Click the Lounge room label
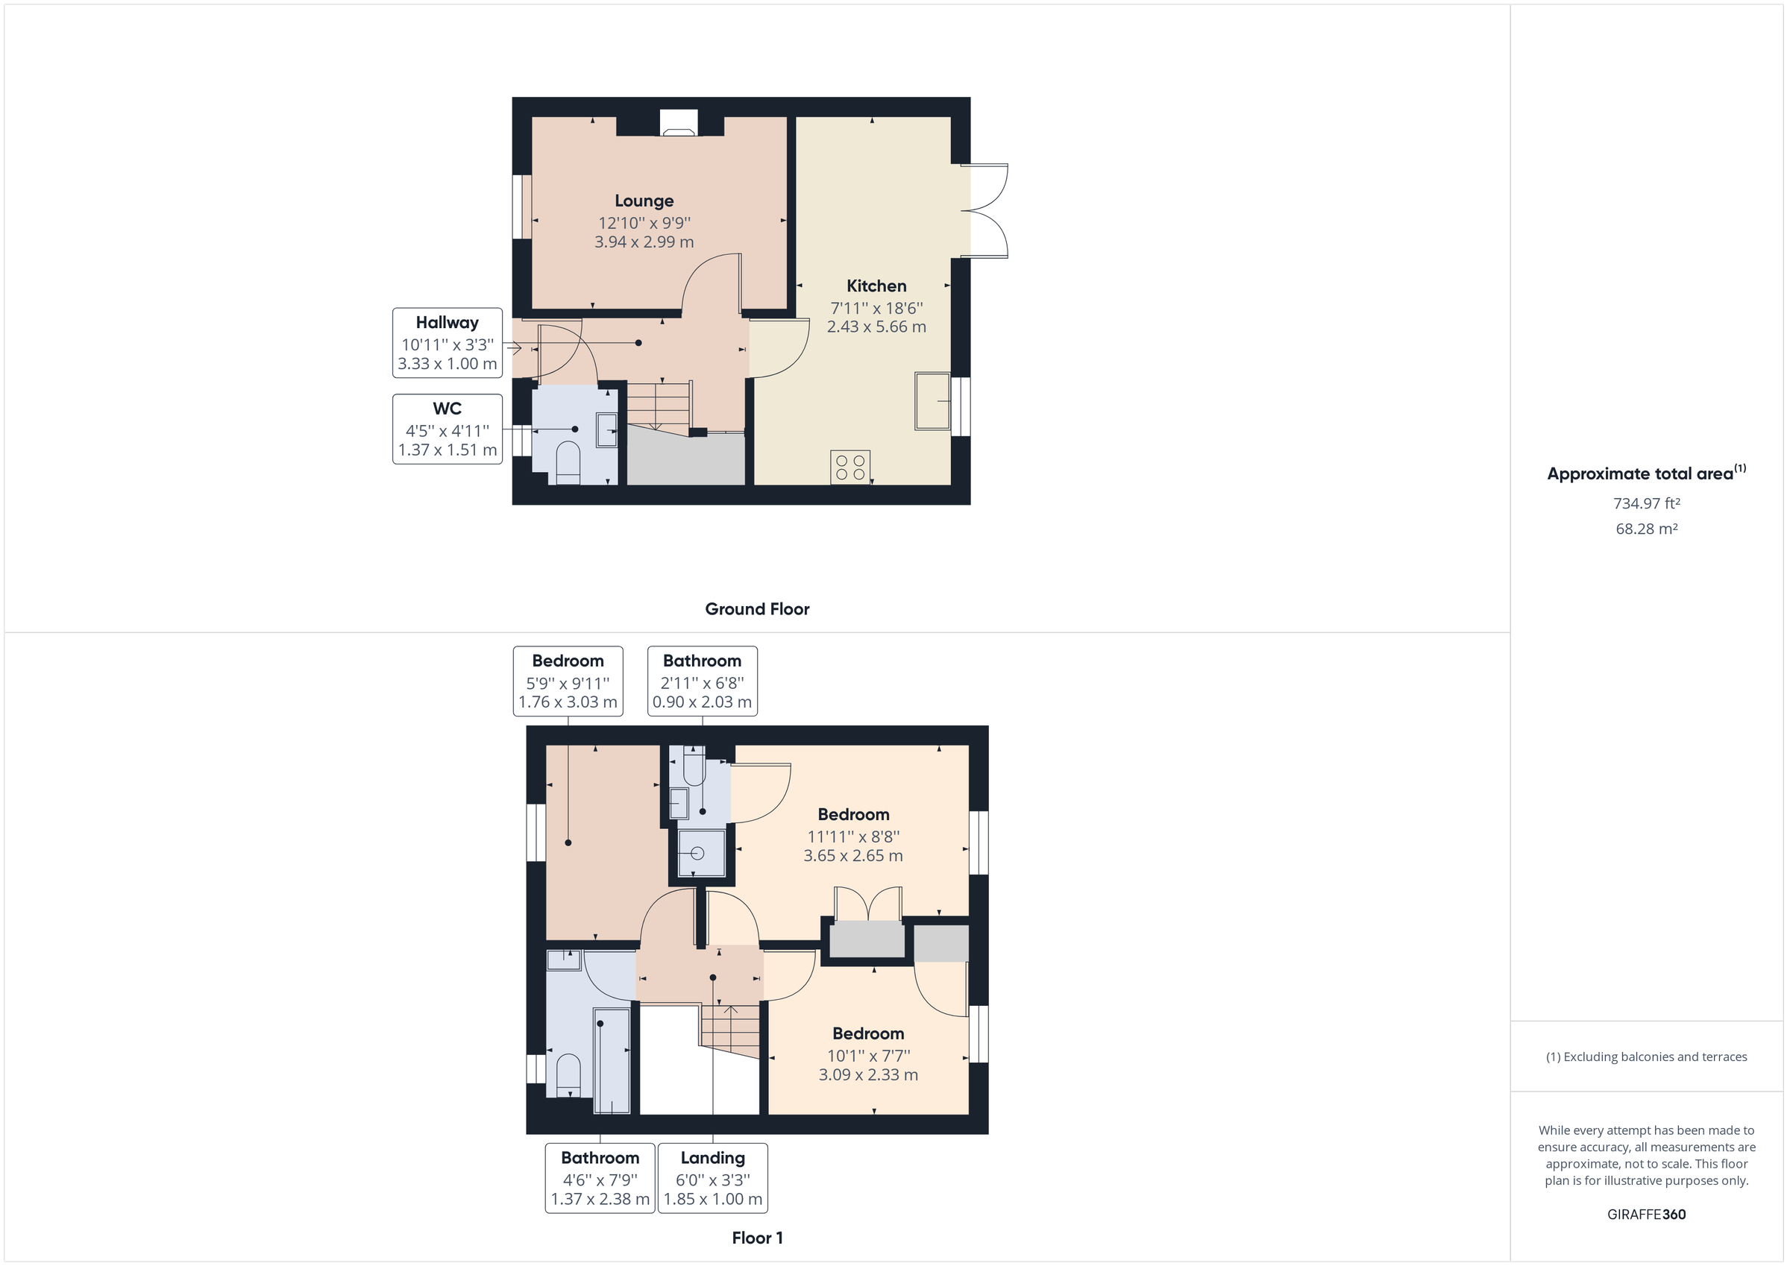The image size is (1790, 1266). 643,201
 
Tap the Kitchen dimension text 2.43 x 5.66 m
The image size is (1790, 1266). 876,327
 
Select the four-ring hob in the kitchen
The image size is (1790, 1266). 850,467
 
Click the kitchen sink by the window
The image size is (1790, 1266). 932,401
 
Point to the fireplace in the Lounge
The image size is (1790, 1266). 678,123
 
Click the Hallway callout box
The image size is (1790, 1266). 447,343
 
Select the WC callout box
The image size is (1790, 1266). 447,429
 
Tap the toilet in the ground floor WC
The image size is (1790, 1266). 568,463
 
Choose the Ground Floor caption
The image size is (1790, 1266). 757,610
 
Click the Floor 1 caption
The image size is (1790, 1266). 757,1238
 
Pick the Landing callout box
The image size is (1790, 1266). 712,1178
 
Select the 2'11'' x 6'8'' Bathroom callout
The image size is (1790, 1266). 702,681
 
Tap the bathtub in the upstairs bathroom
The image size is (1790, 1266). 612,1060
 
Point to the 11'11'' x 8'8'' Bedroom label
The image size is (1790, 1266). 853,815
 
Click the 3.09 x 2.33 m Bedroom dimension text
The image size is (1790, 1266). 867,1075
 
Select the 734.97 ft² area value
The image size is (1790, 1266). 1647,503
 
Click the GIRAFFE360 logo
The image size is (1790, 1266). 1647,1215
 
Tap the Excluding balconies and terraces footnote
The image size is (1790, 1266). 1647,1057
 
